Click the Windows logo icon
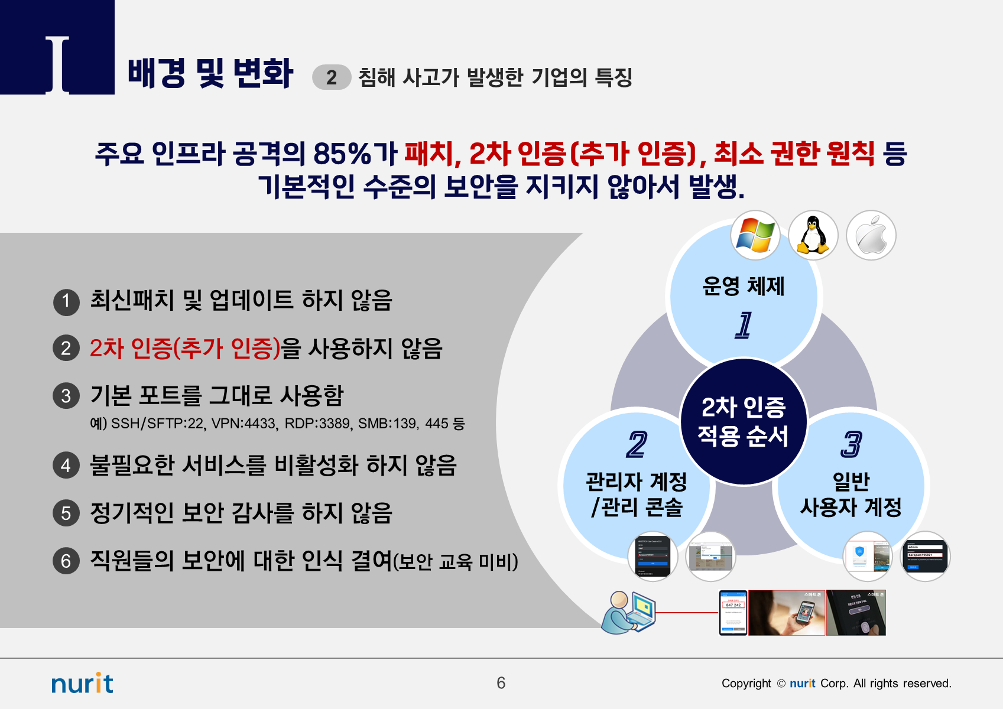click(755, 235)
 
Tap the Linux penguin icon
click(813, 235)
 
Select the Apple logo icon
click(871, 235)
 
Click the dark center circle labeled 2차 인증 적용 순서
click(744, 422)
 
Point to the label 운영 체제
click(744, 286)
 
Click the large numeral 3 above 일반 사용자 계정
click(851, 444)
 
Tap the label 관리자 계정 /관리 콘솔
click(637, 494)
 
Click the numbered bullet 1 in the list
click(66, 301)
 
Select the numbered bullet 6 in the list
click(66, 561)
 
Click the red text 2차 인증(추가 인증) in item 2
click(184, 349)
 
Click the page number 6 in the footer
click(501, 683)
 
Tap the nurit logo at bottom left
click(82, 684)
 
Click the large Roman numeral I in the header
click(57, 64)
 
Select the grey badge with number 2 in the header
click(332, 77)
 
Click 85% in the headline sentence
click(342, 154)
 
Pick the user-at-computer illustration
click(628, 613)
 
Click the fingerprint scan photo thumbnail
click(856, 613)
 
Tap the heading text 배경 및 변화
click(210, 73)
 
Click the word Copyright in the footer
click(746, 684)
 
